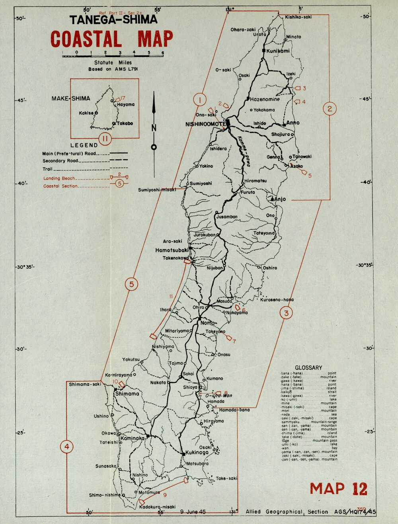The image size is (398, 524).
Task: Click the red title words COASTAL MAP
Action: pyautogui.click(x=111, y=39)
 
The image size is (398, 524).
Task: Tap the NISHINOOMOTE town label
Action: pyautogui.click(x=205, y=124)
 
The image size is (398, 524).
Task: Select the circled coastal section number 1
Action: pyautogui.click(x=200, y=99)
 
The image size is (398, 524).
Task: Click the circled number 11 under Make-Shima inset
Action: pyautogui.click(x=105, y=139)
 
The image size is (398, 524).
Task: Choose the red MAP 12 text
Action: pyautogui.click(x=338, y=489)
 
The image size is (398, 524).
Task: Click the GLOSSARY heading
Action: pyautogui.click(x=308, y=367)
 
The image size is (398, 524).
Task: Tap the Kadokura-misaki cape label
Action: pyautogui.click(x=158, y=507)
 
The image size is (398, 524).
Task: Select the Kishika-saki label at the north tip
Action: pyautogui.click(x=298, y=17)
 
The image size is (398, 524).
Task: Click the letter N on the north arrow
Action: pyautogui.click(x=154, y=128)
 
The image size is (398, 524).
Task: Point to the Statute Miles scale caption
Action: pyautogui.click(x=113, y=63)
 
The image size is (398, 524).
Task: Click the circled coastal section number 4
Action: pyautogui.click(x=67, y=447)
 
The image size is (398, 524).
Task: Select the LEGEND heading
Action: pyautogui.click(x=84, y=145)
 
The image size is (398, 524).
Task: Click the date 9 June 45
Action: pyautogui.click(x=193, y=511)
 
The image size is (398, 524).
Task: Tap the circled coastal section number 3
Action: pyautogui.click(x=287, y=313)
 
